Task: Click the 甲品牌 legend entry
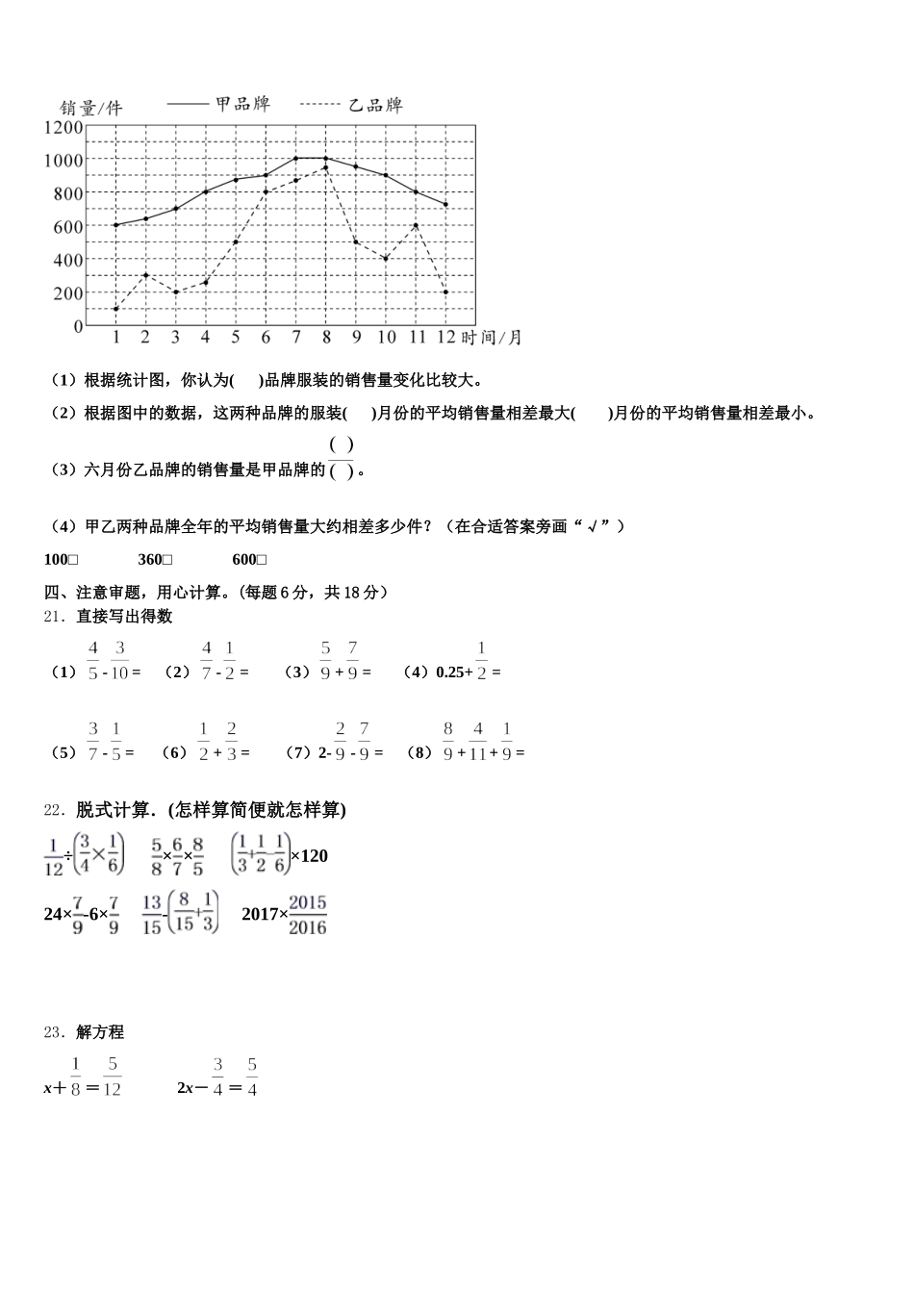tap(241, 104)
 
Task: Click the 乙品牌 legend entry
tap(374, 105)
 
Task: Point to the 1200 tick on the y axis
tap(63, 127)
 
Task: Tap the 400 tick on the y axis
tap(68, 260)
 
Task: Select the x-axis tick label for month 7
tap(295, 337)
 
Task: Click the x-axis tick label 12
tap(445, 337)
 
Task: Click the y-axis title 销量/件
tap(91, 107)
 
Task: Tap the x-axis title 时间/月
tap(492, 337)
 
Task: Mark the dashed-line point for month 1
tap(115, 309)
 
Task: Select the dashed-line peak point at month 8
tap(326, 167)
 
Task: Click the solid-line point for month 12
tap(445, 205)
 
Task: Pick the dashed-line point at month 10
tap(386, 259)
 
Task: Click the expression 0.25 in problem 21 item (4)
tap(448, 672)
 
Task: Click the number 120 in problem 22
tap(315, 855)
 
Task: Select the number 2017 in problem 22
tap(260, 914)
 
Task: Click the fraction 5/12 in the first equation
tap(112, 1077)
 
